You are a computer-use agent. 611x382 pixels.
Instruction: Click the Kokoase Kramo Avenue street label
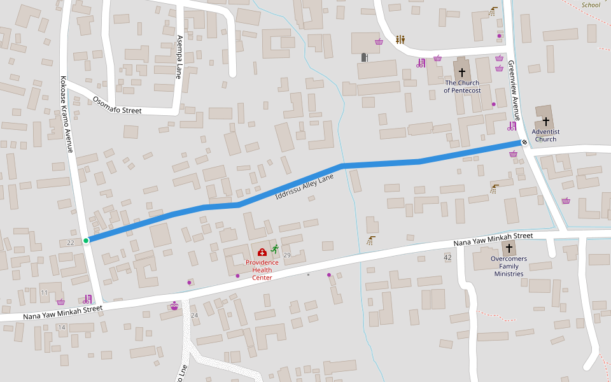point(67,115)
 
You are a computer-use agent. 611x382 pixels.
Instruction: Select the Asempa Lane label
point(179,57)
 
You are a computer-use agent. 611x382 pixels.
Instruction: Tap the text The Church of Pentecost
point(462,87)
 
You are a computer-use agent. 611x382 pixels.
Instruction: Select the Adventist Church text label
point(545,135)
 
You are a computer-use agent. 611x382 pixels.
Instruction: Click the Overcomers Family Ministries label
point(509,266)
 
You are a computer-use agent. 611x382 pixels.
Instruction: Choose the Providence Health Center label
point(262,269)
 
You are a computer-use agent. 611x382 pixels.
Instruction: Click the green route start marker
point(86,241)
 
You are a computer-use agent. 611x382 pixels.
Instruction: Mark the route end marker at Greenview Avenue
point(523,142)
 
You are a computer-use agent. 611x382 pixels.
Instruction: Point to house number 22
point(71,243)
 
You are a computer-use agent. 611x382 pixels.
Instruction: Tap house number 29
point(287,255)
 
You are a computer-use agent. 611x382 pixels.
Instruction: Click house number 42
point(447,257)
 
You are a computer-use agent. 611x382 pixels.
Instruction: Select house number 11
point(44,292)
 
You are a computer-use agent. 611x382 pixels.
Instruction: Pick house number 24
point(195,315)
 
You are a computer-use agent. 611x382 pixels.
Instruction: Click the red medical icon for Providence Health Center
point(262,252)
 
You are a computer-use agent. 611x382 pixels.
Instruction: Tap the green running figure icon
point(274,249)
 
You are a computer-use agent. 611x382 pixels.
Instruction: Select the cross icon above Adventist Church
point(545,121)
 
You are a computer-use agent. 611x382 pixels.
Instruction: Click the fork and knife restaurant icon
point(400,39)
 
